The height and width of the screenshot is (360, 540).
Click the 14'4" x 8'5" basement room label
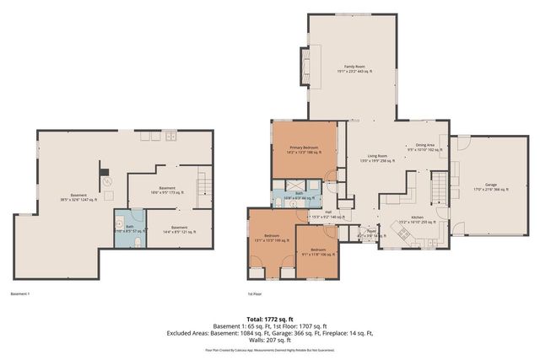pos(179,228)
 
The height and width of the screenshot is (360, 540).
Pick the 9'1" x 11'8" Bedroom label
pos(317,251)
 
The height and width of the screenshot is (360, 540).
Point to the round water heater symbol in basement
pos(107,181)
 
